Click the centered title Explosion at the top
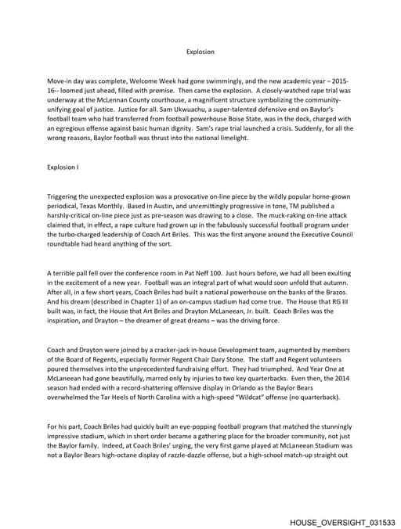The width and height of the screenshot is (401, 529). [x=200, y=52]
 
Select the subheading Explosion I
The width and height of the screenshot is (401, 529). [x=63, y=167]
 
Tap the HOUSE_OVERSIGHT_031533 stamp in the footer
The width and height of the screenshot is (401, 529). [x=342, y=521]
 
